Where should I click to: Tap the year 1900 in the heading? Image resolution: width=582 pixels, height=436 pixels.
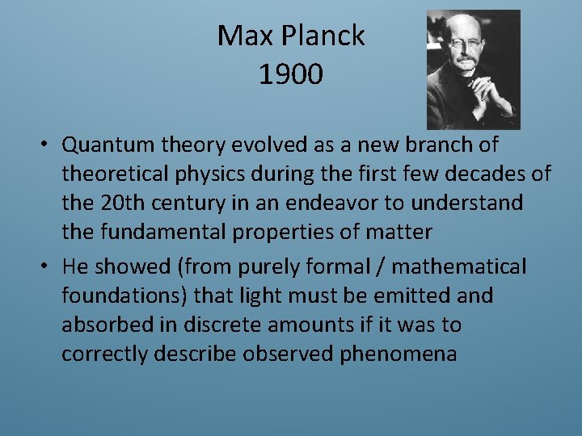coord(291,74)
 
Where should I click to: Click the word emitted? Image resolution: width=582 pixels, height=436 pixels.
coord(410,296)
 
